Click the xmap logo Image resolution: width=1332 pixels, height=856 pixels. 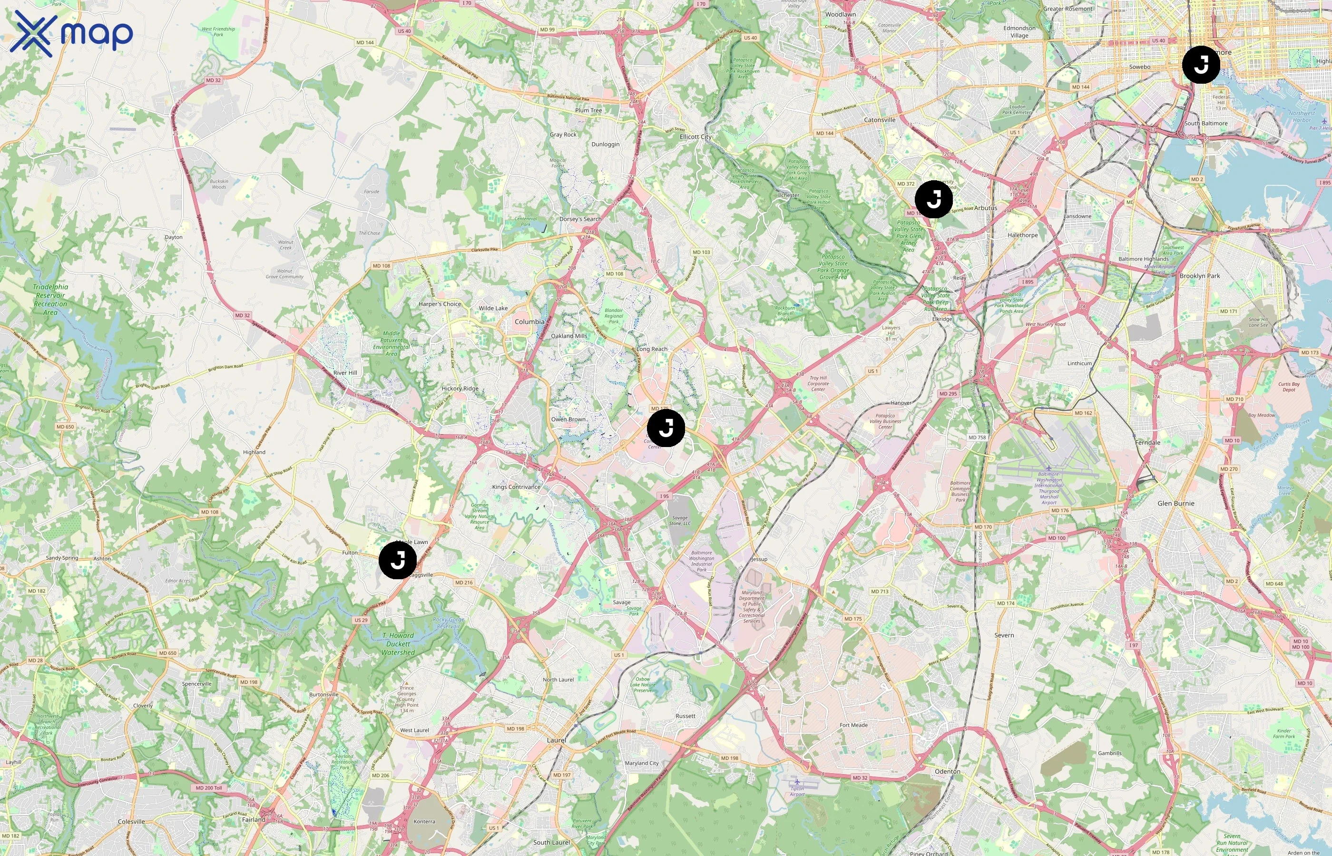click(71, 34)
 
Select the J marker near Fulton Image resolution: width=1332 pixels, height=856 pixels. click(398, 560)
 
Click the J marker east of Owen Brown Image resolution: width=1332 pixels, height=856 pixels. click(666, 428)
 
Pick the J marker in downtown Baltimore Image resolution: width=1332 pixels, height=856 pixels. click(1201, 65)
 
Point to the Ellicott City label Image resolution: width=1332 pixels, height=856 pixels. click(695, 137)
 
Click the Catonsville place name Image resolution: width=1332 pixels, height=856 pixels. click(880, 119)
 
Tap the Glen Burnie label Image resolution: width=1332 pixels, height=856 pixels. click(1176, 504)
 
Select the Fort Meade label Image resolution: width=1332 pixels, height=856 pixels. click(853, 725)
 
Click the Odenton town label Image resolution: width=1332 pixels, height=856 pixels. click(947, 771)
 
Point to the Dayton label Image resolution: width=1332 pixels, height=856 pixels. click(174, 237)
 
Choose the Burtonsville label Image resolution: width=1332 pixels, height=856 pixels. click(323, 694)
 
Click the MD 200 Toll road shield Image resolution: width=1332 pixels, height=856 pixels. click(208, 788)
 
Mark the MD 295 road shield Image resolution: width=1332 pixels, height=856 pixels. click(948, 394)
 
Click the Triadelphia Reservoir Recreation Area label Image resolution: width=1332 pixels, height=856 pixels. click(50, 300)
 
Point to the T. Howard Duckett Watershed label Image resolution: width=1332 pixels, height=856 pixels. click(398, 644)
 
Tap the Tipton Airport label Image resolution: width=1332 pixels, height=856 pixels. click(797, 791)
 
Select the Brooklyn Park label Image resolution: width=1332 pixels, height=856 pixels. click(1200, 276)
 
